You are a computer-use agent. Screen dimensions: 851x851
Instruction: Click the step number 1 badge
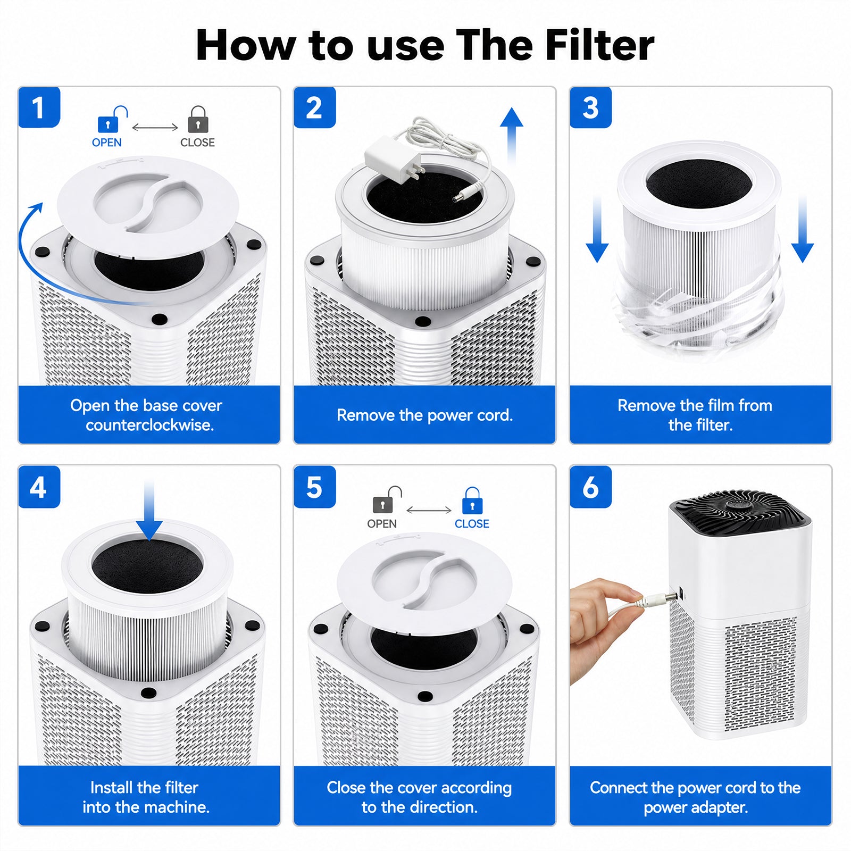tap(39, 107)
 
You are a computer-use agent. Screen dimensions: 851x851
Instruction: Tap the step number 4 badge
tap(39, 487)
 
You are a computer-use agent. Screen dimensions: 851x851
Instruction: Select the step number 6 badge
tap(590, 487)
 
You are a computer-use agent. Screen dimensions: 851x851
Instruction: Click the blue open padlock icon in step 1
tap(112, 119)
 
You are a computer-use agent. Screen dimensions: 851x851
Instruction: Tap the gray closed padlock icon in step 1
tap(198, 119)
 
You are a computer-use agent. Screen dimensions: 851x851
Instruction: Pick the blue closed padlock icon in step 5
tap(472, 500)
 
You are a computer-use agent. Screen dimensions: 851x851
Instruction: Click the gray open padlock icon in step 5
tap(387, 500)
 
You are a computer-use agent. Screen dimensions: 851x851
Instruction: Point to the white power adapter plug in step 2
tap(393, 160)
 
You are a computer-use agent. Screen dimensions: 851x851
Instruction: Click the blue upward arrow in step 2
tap(511, 136)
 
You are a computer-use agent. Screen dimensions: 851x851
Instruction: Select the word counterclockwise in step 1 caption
tap(149, 425)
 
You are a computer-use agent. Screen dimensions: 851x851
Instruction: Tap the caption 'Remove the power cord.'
tap(424, 415)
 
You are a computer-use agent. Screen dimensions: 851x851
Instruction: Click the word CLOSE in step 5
tap(472, 524)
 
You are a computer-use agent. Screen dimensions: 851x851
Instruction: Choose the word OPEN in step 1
tap(106, 143)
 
